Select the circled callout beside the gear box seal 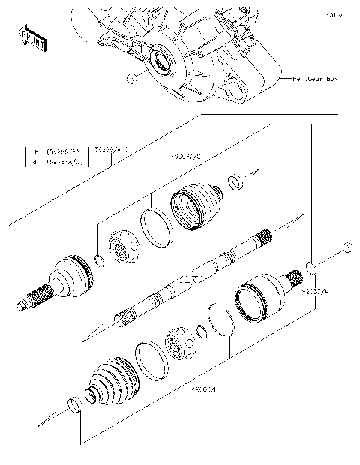pyautogui.click(x=131, y=77)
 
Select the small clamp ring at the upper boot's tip pyautogui.click(x=235, y=181)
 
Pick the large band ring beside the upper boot pyautogui.click(x=157, y=227)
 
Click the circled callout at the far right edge pyautogui.click(x=346, y=247)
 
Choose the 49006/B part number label pyautogui.click(x=204, y=389)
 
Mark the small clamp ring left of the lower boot pyautogui.click(x=73, y=406)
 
